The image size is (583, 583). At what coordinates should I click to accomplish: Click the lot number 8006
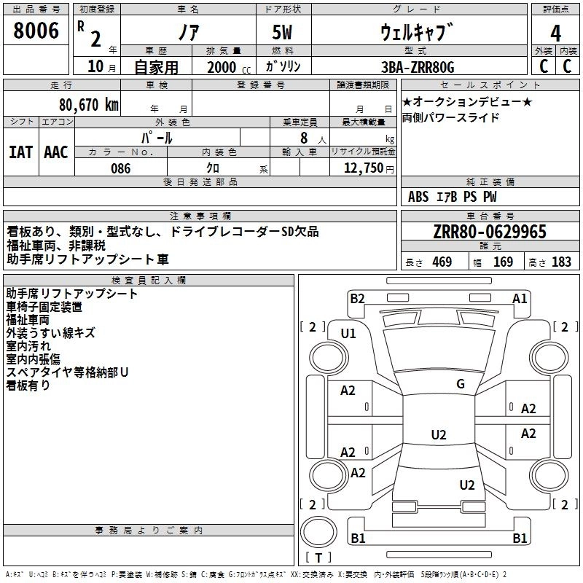tap(37, 31)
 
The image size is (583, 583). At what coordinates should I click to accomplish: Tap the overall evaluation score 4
tap(555, 33)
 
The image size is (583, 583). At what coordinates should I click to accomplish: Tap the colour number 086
tap(120, 168)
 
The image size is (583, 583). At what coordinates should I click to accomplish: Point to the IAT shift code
tap(20, 152)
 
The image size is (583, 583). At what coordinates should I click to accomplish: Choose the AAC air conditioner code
tap(56, 152)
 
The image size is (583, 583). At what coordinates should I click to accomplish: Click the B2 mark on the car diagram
tap(357, 298)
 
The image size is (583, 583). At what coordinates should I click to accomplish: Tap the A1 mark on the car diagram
tap(519, 298)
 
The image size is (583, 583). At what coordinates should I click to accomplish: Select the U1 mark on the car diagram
tap(348, 334)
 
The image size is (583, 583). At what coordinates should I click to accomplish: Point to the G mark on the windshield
tap(460, 384)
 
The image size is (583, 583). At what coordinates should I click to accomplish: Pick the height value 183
tap(561, 262)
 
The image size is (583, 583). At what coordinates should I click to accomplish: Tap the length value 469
tap(442, 262)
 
